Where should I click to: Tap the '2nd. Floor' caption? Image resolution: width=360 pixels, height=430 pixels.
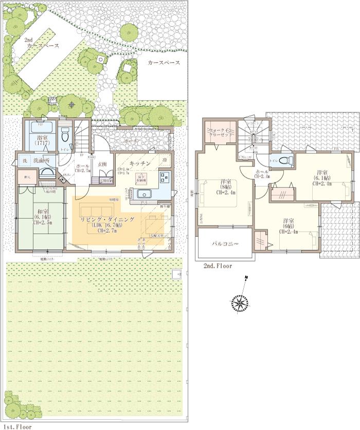218,266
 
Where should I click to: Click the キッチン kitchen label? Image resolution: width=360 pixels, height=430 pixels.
139,163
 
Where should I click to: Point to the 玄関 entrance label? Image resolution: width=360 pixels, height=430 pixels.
102,165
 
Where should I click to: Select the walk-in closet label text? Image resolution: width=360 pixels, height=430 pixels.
220,133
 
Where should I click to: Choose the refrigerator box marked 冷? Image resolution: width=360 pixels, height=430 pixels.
166,160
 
